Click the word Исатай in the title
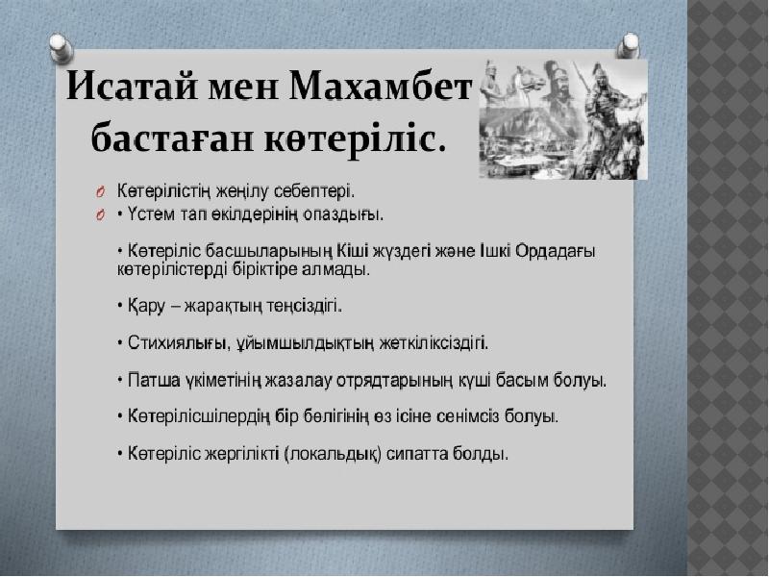133,87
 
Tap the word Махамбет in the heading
380,87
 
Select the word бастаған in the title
173,138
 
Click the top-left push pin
62,48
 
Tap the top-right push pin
628,46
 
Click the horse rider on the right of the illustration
615,120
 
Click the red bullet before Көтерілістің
100,191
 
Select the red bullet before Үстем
100,214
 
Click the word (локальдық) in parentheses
333,454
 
